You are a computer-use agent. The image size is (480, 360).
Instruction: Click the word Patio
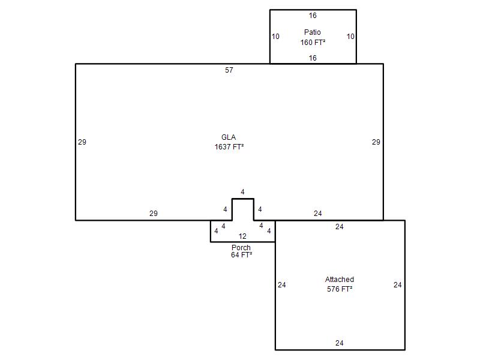click(312, 32)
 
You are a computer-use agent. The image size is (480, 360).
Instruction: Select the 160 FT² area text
click(313, 42)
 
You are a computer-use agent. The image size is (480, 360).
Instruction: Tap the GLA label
click(229, 137)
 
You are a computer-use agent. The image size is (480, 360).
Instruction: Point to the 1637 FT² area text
click(229, 147)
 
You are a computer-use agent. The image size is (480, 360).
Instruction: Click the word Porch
click(241, 247)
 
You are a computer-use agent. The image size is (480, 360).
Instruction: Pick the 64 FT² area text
click(242, 254)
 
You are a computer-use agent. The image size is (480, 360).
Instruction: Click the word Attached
click(340, 279)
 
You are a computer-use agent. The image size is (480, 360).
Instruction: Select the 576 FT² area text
click(340, 289)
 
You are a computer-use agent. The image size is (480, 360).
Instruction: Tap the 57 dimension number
click(229, 70)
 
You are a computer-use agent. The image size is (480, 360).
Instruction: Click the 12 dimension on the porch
click(242, 236)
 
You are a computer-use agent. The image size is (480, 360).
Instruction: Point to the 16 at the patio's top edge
click(313, 16)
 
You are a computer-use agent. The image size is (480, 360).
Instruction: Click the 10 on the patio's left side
click(275, 37)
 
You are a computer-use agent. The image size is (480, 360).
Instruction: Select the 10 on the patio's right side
click(350, 37)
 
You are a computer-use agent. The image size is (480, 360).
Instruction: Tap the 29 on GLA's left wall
click(82, 142)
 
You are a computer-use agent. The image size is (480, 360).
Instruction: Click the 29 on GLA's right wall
click(376, 142)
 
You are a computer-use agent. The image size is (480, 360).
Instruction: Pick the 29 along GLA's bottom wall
click(154, 214)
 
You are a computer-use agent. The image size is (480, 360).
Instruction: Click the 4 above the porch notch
click(242, 192)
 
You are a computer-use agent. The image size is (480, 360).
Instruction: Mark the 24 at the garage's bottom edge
click(339, 343)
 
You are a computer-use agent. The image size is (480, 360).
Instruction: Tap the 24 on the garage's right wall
click(398, 285)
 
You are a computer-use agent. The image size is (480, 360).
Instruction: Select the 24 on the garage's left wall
click(282, 285)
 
